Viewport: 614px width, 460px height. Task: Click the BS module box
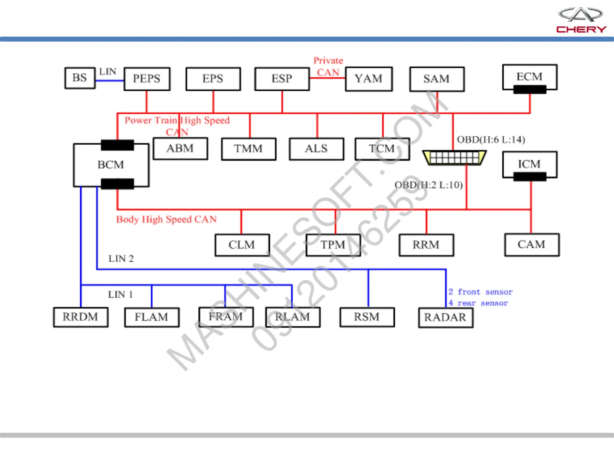(x=80, y=78)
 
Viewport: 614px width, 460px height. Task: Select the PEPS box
(x=147, y=79)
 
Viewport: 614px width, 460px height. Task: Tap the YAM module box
(x=368, y=79)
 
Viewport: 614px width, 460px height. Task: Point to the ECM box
(x=530, y=77)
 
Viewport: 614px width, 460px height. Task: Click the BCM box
(x=111, y=165)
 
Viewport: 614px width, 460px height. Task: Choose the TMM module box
(x=248, y=149)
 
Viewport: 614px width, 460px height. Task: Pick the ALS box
(x=316, y=149)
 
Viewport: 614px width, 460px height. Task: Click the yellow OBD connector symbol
(x=454, y=158)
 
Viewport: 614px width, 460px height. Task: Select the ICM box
(x=530, y=164)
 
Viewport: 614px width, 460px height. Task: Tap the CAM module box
(x=532, y=244)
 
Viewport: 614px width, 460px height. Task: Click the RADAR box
(x=446, y=317)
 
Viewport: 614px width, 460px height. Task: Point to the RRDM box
(x=81, y=317)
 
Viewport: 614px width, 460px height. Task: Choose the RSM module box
(x=367, y=317)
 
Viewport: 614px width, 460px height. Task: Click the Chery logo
(x=581, y=20)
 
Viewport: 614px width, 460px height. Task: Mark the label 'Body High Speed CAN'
(x=167, y=219)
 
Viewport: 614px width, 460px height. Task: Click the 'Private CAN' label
(x=328, y=66)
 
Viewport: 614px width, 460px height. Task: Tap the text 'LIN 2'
(x=121, y=259)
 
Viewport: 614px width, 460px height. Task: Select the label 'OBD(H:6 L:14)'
(x=491, y=140)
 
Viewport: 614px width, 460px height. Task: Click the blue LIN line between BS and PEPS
(x=110, y=80)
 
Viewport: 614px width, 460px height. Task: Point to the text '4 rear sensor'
(x=478, y=303)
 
